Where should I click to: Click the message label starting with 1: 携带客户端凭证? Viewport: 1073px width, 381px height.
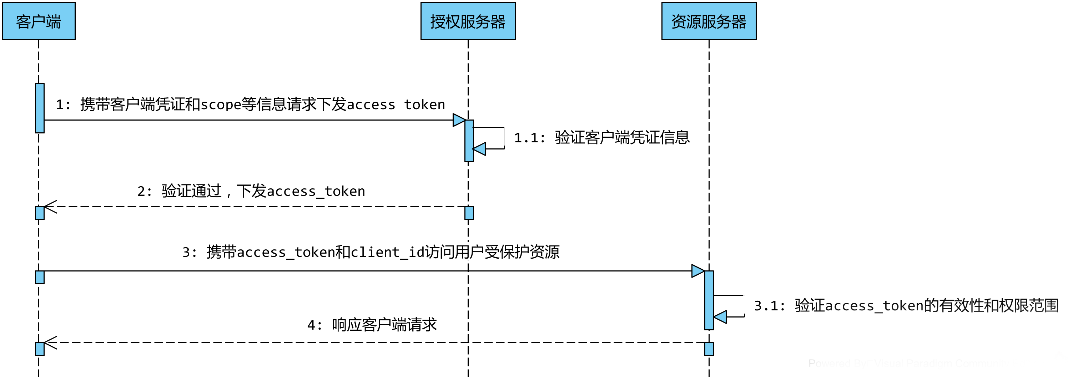click(x=250, y=104)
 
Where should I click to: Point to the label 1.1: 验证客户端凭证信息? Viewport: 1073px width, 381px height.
click(x=602, y=137)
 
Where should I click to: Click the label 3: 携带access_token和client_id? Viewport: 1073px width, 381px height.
click(x=371, y=252)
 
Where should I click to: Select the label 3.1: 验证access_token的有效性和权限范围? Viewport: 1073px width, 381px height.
click(x=906, y=305)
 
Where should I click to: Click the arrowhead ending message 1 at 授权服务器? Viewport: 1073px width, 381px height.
click(x=459, y=120)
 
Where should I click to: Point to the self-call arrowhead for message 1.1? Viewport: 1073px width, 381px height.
click(x=479, y=149)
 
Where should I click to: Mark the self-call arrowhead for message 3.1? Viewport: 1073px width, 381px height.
click(x=721, y=317)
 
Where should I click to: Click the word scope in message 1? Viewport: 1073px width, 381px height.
click(x=220, y=104)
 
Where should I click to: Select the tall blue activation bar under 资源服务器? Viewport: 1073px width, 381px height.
click(x=709, y=300)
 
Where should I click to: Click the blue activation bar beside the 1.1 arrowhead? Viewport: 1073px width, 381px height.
click(x=469, y=141)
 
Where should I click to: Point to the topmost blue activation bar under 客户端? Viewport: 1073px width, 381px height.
click(x=40, y=108)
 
